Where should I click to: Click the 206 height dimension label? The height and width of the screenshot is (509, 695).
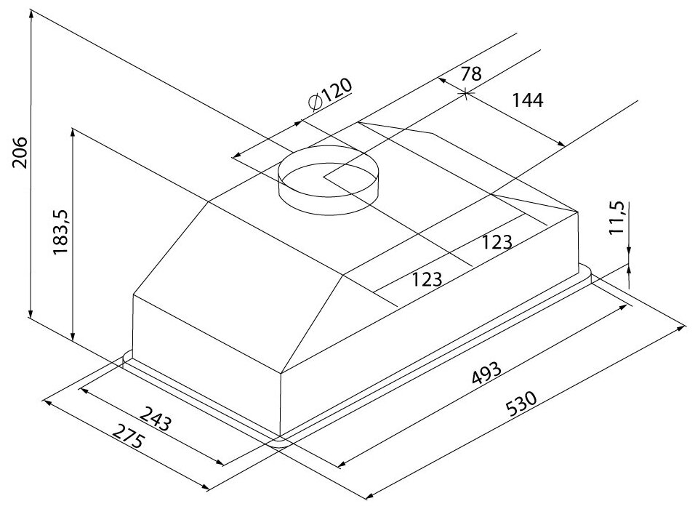[20, 153]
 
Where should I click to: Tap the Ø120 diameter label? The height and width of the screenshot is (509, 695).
[330, 94]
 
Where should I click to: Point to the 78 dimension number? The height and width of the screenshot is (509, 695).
[470, 73]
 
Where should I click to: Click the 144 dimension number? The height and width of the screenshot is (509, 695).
[528, 100]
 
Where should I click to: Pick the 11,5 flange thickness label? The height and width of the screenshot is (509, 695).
[617, 217]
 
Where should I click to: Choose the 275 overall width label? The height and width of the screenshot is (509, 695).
[129, 436]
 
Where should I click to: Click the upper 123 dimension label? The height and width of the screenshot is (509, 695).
[497, 242]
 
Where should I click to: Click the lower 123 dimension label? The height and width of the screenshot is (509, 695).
[427, 279]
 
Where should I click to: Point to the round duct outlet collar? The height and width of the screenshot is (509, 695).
[328, 179]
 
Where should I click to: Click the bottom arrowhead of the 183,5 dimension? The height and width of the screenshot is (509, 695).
[73, 336]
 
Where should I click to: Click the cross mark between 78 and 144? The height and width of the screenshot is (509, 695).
[465, 94]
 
